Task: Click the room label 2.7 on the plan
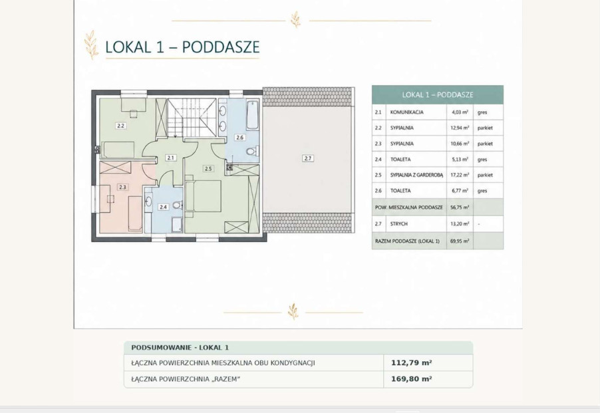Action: coord(308,158)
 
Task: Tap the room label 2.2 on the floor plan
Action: coord(121,126)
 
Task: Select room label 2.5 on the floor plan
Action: coord(208,168)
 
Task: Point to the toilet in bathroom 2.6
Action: coord(251,152)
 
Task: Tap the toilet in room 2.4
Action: coord(177,205)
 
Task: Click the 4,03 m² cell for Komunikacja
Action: coord(459,112)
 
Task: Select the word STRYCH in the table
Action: coord(398,224)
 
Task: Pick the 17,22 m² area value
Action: coord(459,175)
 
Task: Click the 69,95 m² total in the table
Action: coord(460,241)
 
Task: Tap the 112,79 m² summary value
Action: coord(411,362)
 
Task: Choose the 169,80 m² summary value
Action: coord(411,379)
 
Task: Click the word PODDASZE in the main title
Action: coord(221,47)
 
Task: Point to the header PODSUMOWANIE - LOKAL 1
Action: coord(180,348)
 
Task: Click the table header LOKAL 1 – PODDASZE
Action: coord(438,95)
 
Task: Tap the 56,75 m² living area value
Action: coord(460,207)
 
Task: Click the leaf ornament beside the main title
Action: coord(91,45)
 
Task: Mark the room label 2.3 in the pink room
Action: coord(122,187)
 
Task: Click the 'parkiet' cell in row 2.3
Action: coord(485,144)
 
